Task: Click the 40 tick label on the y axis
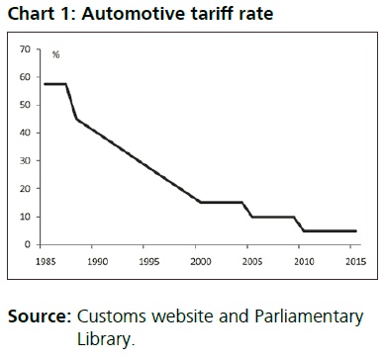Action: point(26,133)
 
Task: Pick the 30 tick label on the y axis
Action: point(26,160)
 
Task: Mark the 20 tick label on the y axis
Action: point(26,188)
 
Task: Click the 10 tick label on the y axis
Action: point(26,217)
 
